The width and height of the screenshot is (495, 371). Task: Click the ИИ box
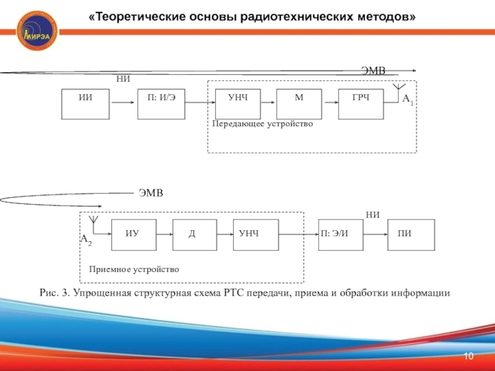coord(85,104)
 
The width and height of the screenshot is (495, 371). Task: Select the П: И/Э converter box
coord(161,104)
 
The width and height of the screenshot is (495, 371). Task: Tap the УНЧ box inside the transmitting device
coord(238,104)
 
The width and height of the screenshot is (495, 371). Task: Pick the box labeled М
coord(299,104)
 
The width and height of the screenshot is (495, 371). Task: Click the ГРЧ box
coord(361,104)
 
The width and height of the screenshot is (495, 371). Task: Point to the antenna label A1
coord(408,99)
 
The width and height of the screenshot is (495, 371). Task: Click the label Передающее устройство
coord(263,124)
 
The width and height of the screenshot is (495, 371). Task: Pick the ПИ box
coord(411,234)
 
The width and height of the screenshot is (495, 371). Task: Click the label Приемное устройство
coord(134,270)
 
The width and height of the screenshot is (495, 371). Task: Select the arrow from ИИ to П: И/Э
coord(123,104)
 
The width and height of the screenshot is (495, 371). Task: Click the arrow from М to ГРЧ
coord(330,104)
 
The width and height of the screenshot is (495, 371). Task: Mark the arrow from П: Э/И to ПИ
coord(375,234)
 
